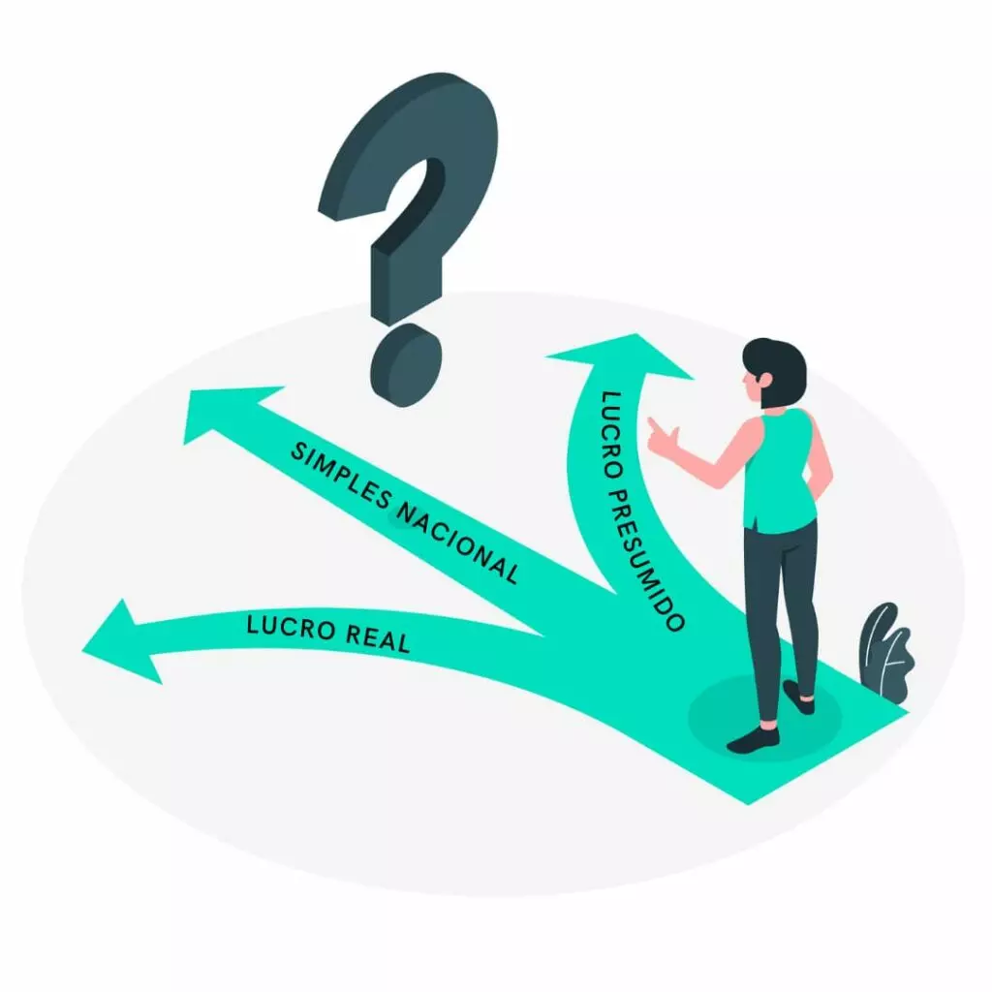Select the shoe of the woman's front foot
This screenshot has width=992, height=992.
point(754,740)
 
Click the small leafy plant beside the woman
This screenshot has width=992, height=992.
point(885,651)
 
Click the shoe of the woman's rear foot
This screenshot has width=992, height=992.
point(799,695)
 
